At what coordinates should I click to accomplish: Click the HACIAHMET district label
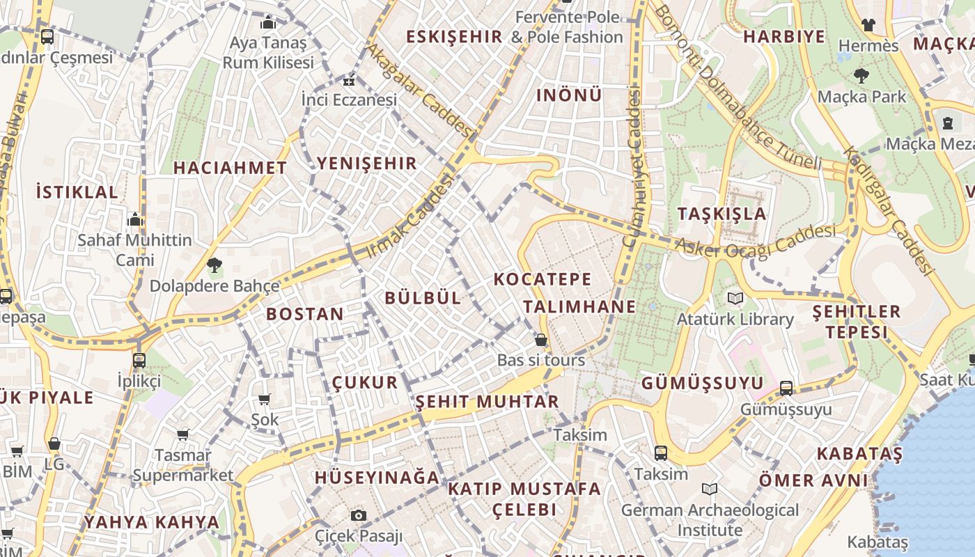click(x=230, y=168)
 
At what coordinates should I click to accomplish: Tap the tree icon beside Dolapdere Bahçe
click(x=214, y=265)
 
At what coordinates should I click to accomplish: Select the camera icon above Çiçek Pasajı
click(x=359, y=515)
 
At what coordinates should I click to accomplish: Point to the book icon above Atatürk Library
click(x=735, y=299)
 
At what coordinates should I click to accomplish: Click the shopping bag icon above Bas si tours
click(x=541, y=340)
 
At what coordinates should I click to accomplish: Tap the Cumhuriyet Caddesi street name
click(x=632, y=167)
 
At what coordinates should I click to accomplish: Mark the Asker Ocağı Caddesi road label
click(x=756, y=242)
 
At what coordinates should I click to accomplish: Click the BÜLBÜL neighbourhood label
click(x=423, y=298)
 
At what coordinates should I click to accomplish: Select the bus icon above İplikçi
click(x=139, y=361)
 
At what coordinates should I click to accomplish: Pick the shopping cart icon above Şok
click(x=265, y=399)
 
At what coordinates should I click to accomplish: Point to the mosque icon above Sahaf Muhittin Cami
click(x=135, y=220)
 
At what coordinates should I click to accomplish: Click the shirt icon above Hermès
click(x=868, y=25)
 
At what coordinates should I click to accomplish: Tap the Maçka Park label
click(x=861, y=97)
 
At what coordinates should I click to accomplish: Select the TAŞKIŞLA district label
click(x=722, y=214)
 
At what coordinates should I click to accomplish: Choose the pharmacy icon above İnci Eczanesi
click(x=349, y=80)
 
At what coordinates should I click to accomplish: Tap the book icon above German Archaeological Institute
click(x=710, y=489)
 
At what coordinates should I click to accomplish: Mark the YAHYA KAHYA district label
click(x=152, y=522)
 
